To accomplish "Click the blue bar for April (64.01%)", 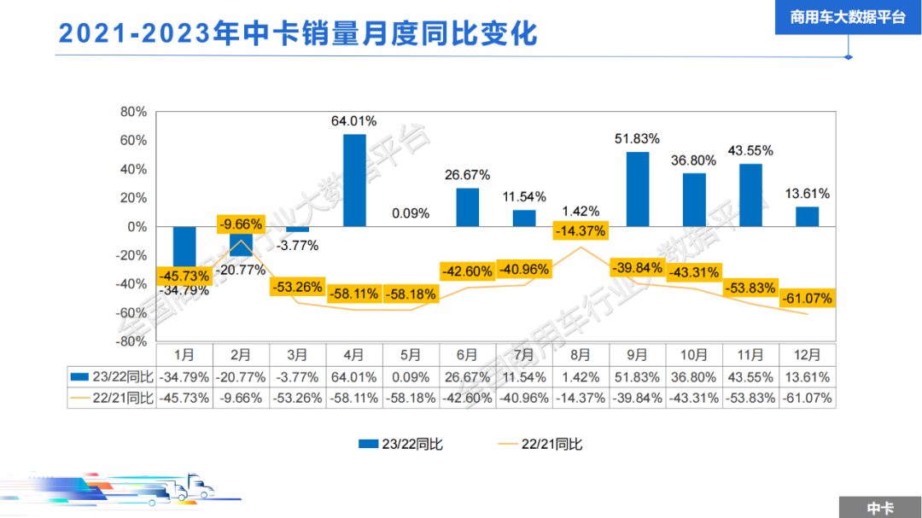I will (354, 180).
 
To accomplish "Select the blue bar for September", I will (638, 189).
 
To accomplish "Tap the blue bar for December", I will (807, 217).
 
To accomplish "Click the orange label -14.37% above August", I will (581, 230).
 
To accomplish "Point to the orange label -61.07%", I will (806, 299).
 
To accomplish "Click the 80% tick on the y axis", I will (134, 112).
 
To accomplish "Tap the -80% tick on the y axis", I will (131, 341).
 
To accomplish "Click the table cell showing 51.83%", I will (638, 376).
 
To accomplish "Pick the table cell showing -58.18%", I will (411, 398).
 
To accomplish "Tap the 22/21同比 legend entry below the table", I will (540, 443).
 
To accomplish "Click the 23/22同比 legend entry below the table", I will (400, 443).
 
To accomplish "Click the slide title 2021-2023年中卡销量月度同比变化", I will (298, 34).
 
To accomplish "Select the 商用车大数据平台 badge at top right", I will (848, 17).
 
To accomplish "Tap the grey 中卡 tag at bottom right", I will (879, 508).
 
